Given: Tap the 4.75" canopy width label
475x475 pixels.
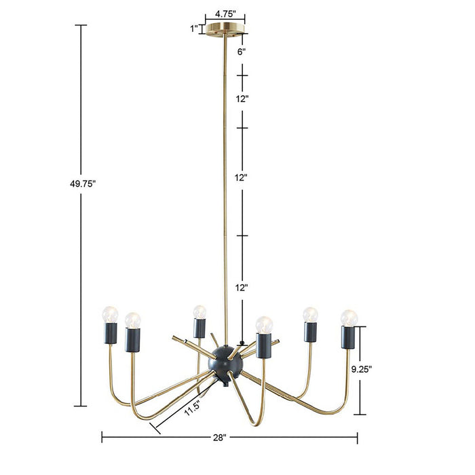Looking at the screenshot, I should (225, 13).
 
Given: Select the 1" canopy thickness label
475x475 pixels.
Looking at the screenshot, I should (194, 28).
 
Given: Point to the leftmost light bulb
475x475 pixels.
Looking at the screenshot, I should (111, 314).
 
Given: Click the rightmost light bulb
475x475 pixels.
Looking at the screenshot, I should (349, 317).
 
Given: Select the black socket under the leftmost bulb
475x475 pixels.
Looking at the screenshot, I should (111, 334).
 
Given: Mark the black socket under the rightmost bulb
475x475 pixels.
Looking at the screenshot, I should (349, 337).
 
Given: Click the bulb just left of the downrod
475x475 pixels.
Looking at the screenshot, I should (198, 311).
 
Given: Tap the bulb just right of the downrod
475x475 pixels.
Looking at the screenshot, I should (263, 324).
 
